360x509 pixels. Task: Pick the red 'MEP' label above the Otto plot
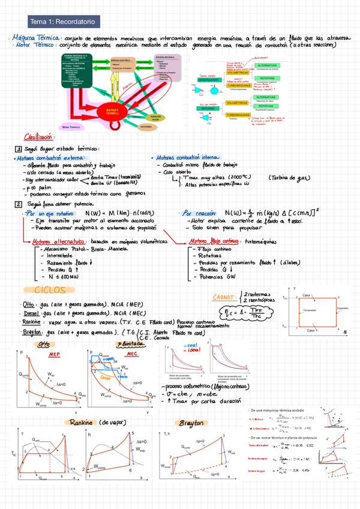54,354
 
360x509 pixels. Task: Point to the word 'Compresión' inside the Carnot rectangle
310,310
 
